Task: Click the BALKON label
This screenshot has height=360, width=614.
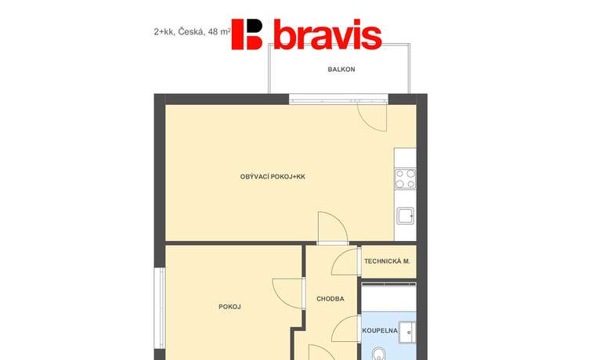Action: pyautogui.click(x=341, y=69)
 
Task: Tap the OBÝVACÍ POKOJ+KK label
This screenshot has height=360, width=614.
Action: pyautogui.click(x=273, y=177)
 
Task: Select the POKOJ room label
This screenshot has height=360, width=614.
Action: pyautogui.click(x=230, y=307)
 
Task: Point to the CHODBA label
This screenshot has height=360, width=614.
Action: pyautogui.click(x=330, y=299)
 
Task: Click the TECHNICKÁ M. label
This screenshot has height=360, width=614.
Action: pyautogui.click(x=387, y=261)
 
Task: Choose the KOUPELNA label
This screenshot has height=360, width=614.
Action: pyautogui.click(x=380, y=330)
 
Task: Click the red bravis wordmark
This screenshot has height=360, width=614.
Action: pyautogui.click(x=327, y=34)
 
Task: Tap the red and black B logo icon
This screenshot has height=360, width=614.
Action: pyautogui.click(x=247, y=34)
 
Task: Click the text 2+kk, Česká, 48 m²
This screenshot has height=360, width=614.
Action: pyautogui.click(x=193, y=31)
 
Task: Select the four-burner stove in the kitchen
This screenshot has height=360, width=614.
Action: pyautogui.click(x=406, y=178)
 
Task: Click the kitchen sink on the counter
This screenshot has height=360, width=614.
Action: pyautogui.click(x=406, y=216)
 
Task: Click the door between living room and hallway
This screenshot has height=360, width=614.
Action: pyautogui.click(x=333, y=227)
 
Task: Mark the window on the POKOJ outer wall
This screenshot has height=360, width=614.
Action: pyautogui.click(x=160, y=308)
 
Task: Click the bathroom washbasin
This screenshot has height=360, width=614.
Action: pyautogui.click(x=407, y=333)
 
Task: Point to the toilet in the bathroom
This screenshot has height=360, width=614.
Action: pyautogui.click(x=379, y=354)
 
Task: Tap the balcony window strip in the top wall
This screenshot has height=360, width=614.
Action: pyautogui.click(x=338, y=99)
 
